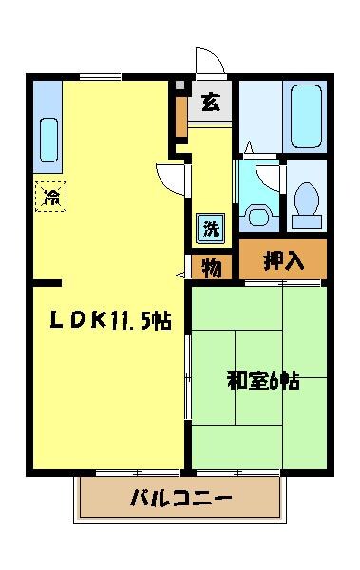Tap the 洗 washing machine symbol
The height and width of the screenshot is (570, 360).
tap(210, 228)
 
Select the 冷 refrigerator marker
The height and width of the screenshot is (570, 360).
tap(51, 197)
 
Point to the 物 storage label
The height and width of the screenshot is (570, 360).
tap(212, 269)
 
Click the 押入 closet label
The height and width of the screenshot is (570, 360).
tap(283, 259)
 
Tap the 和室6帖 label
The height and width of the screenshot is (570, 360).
tap(262, 382)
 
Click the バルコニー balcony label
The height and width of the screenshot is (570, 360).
tap(180, 498)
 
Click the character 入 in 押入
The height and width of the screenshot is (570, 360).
tap(295, 259)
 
